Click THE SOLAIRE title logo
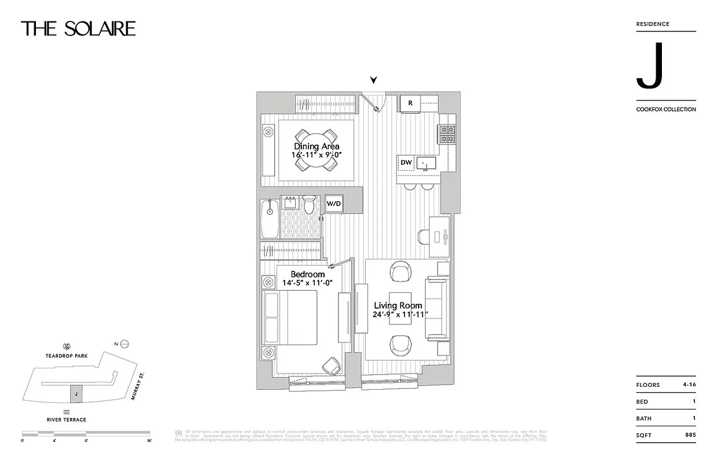pos(78,28)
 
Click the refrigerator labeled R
pos(410,103)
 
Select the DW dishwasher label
pos(406,162)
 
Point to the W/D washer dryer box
pos(333,204)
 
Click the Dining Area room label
pos(316,147)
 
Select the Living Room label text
pos(398,306)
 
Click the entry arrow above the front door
pos(374,80)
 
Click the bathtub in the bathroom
pos(270,219)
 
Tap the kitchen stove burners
pos(447,135)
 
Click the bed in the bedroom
pos(292,317)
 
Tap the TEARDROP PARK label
pos(67,356)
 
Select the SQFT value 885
pos(689,434)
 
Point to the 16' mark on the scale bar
pos(149,441)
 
